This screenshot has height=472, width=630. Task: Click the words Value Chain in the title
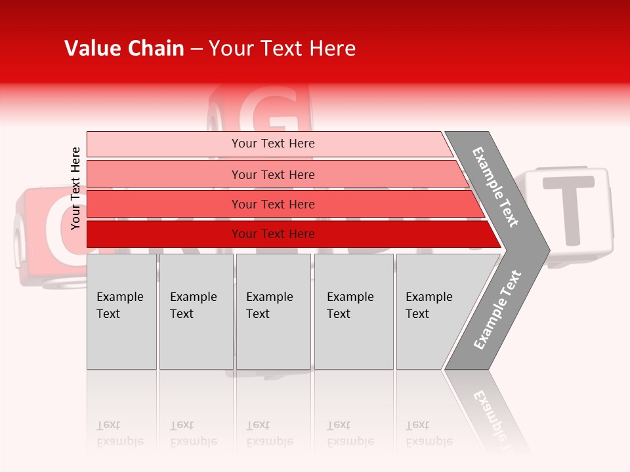[x=124, y=49]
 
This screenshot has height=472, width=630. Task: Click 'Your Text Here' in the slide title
[x=282, y=49]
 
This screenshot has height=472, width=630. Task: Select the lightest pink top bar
[x=272, y=144]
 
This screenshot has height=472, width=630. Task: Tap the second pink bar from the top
[x=272, y=174]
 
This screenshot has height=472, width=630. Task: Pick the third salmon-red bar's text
[x=272, y=205]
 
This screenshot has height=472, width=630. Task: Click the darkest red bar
[x=272, y=234]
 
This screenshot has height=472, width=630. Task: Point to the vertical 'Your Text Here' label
[x=75, y=188]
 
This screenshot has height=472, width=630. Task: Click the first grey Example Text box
[x=121, y=311]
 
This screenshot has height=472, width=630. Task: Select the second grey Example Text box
[x=196, y=311]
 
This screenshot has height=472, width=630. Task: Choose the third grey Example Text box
[x=272, y=311]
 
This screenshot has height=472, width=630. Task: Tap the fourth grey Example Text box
[x=353, y=311]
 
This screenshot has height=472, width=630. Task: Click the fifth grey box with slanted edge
[x=433, y=311]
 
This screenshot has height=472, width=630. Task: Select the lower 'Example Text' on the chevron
[x=497, y=310]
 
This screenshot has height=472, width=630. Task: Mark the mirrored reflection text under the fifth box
[x=429, y=433]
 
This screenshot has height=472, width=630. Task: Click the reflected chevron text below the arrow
[x=492, y=413]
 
